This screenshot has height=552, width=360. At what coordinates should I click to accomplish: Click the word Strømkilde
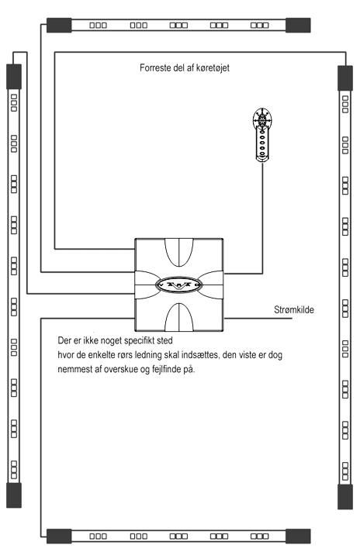pyautogui.click(x=294, y=310)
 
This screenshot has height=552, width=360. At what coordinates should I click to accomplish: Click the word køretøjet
pyautogui.click(x=213, y=68)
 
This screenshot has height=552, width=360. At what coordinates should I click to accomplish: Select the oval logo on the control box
pyautogui.click(x=179, y=285)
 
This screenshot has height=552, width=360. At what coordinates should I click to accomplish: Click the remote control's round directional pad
pyautogui.click(x=262, y=119)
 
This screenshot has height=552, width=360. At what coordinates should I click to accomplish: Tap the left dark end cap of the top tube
pyautogui.click(x=59, y=25)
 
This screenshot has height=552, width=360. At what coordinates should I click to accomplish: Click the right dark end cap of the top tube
pyautogui.click(x=298, y=25)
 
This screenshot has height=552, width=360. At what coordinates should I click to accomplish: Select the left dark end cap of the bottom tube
pyautogui.click(x=59, y=536)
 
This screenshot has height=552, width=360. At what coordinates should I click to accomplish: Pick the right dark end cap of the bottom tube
pyautogui.click(x=298, y=536)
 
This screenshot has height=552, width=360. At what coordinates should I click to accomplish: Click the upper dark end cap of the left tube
pyautogui.click(x=14, y=77)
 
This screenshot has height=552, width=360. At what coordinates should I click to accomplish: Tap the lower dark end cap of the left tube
pyautogui.click(x=14, y=495)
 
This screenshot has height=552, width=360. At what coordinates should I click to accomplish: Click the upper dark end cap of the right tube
pyautogui.click(x=345, y=78)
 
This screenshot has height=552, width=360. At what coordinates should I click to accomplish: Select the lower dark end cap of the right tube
pyautogui.click(x=345, y=497)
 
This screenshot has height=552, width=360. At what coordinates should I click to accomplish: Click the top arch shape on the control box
pyautogui.click(x=179, y=253)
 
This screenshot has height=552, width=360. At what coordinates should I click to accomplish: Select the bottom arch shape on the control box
pyautogui.click(x=179, y=317)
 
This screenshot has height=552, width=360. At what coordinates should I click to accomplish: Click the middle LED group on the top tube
pyautogui.click(x=178, y=25)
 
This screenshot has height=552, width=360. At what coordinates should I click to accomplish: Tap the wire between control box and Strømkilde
pyautogui.click(x=258, y=319)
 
